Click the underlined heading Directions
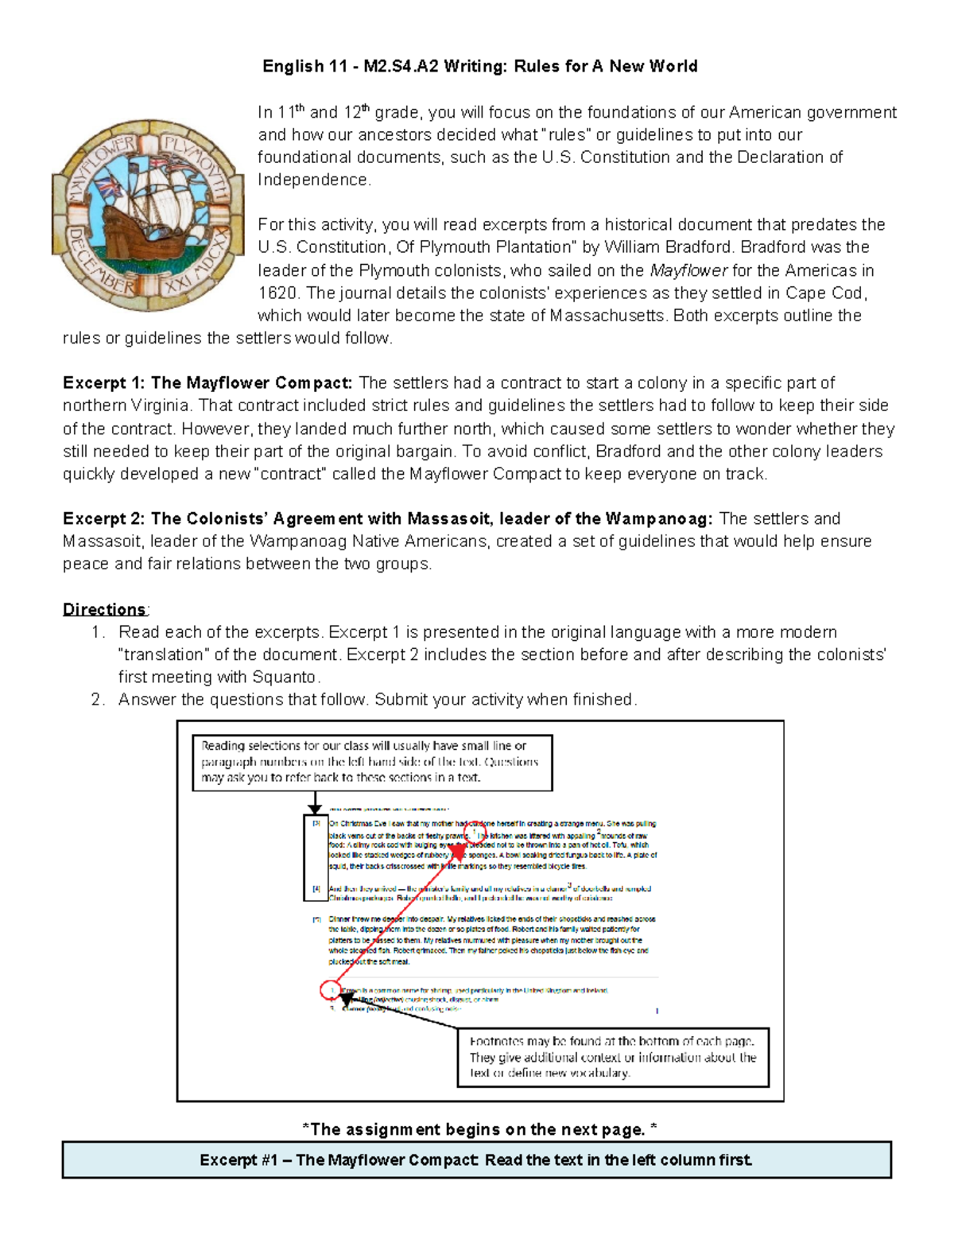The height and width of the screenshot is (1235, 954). coord(104,609)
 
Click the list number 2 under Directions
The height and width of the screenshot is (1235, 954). coord(98,699)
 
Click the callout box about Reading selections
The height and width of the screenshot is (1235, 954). coord(372,762)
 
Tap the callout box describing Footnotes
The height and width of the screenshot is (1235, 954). coord(613,1057)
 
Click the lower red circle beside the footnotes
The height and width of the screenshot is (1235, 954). coord(331,990)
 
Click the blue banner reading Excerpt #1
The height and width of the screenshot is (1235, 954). coord(476,1159)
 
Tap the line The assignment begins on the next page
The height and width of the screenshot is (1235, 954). coord(479,1129)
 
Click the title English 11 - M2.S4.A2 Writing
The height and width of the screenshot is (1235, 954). coord(479,66)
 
